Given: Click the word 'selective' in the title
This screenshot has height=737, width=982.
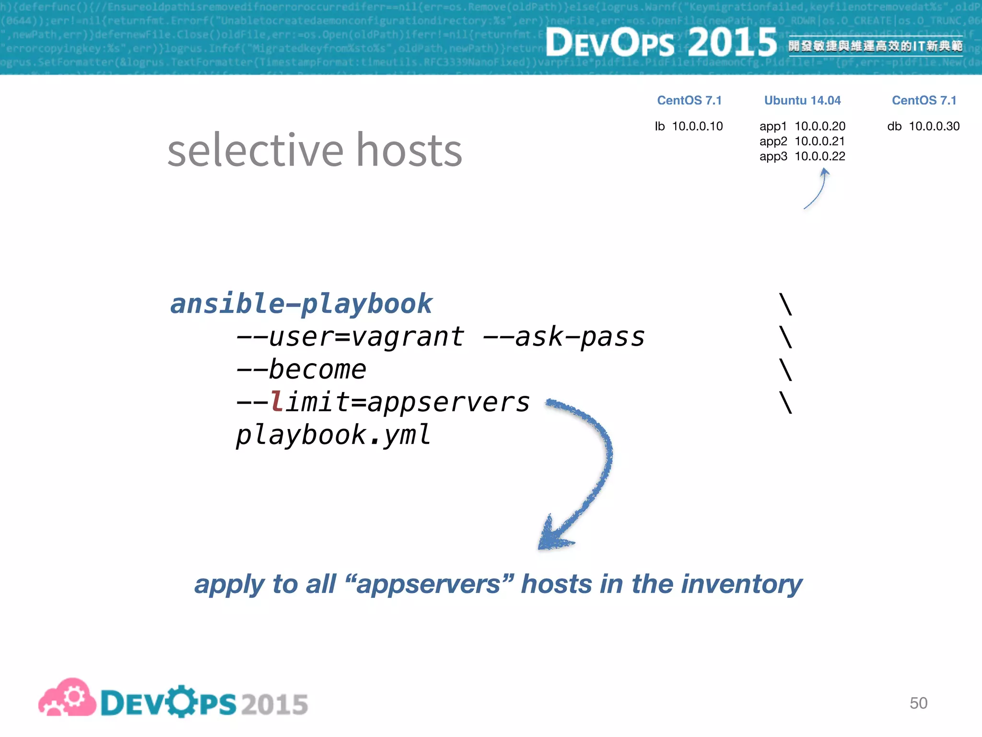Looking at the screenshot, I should [255, 151].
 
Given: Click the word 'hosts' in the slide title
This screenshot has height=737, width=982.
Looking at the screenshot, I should [409, 151].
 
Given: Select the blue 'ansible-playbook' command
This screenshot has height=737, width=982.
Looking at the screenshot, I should [301, 304].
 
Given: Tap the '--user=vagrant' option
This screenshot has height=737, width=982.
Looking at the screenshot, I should [350, 337].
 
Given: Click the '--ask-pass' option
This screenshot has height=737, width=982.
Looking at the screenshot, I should [563, 337].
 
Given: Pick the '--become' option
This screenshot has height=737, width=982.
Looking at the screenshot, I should [301, 369].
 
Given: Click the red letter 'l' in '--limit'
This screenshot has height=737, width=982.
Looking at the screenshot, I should [276, 402].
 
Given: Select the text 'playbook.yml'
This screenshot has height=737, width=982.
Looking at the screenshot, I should [333, 435].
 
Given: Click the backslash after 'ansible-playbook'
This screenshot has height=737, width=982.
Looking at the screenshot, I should [785, 304].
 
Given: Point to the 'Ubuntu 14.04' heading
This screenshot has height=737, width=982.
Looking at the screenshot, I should [802, 100].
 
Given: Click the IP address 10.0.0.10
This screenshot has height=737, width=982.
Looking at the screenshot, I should [697, 126].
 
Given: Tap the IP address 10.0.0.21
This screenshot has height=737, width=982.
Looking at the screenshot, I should [819, 141].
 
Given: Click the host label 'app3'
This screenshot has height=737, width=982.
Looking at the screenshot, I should [773, 156].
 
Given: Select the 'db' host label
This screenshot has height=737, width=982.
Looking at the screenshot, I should [894, 126].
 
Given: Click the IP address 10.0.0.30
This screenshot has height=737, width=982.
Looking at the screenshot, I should [934, 126].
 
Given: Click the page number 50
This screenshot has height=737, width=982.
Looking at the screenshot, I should [918, 703].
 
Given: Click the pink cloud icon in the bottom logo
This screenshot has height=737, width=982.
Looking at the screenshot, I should [67, 698].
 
